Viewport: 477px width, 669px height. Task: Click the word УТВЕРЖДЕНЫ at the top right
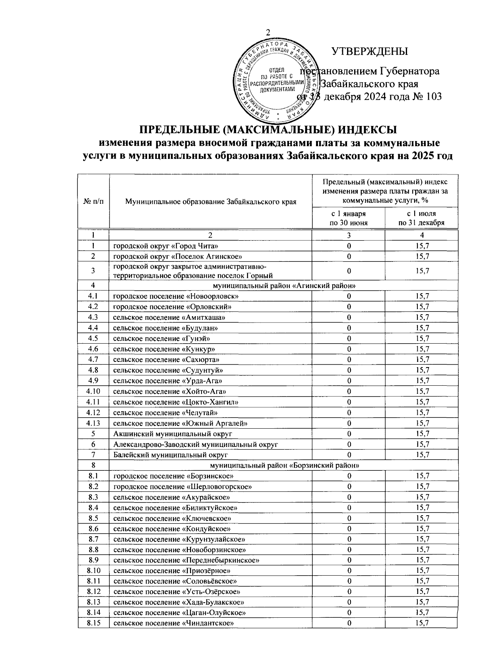pos(370,52)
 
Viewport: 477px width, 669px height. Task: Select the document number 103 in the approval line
pos(433,97)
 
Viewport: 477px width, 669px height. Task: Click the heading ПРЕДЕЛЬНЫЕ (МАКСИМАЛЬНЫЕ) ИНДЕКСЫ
pos(268,130)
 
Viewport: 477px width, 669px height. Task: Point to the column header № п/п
pos(93,202)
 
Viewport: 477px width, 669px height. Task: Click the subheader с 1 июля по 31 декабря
pos(421,218)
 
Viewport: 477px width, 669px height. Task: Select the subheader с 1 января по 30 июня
pos(349,218)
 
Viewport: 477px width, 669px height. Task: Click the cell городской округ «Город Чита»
pos(166,246)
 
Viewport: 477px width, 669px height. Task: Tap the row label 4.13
pos(93,423)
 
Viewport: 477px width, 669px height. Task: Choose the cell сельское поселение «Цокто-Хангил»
pos(176,402)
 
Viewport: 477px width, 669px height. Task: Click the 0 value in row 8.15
pos(349,623)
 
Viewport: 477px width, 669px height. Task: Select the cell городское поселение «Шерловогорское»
pos(183,487)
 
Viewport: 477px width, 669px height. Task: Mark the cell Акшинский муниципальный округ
pos(173,434)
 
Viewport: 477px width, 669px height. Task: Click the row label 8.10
pos(93,571)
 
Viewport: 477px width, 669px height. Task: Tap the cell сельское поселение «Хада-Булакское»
pos(179,602)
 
